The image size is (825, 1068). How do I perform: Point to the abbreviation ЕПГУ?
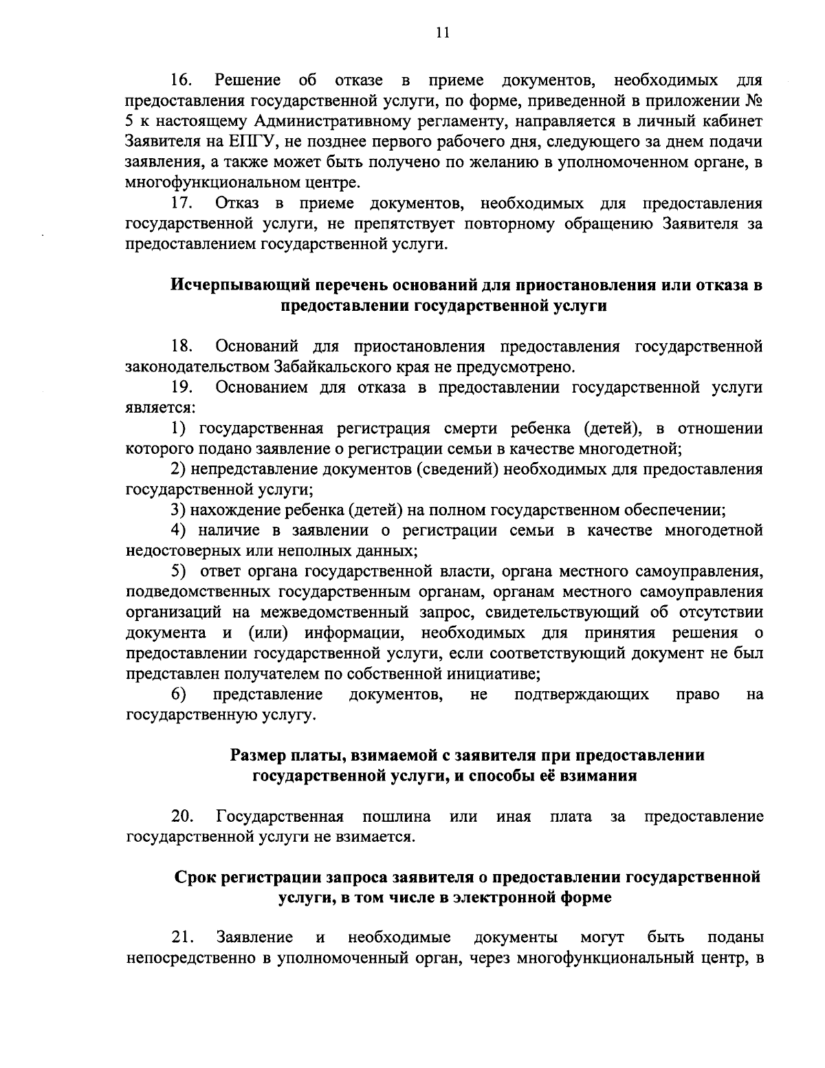click(227, 142)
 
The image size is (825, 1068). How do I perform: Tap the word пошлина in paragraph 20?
click(396, 817)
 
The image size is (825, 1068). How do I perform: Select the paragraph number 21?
click(182, 938)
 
